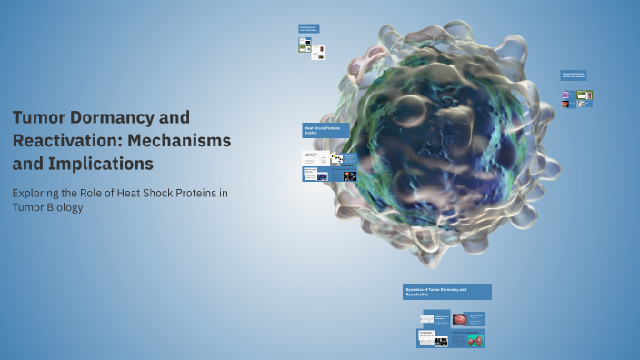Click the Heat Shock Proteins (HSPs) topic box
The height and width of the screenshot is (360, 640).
325,131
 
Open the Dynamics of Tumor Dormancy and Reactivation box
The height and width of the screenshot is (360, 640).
446,292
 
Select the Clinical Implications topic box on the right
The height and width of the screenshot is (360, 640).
573,75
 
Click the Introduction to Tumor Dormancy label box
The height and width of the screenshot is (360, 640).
309,29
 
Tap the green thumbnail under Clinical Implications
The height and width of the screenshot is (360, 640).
584,95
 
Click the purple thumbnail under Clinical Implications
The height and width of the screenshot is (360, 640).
565,95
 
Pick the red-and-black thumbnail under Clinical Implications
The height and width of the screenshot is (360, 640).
565,104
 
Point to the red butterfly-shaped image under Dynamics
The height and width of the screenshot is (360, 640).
475,341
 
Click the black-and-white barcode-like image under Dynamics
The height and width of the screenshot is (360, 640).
441,342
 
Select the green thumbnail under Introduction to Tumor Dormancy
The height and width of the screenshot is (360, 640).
305,48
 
